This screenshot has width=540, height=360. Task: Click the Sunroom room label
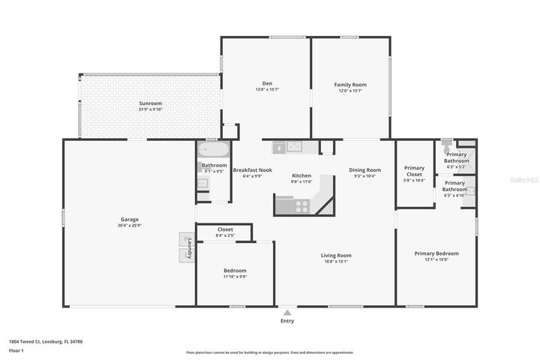tap(150, 103)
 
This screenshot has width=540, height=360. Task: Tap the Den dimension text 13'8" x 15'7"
tap(266, 90)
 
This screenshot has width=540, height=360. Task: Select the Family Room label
tap(349, 85)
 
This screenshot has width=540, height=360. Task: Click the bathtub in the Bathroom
tap(212, 149)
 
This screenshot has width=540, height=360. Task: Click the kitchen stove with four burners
tap(301, 203)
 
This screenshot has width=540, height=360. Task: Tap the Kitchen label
tap(301, 175)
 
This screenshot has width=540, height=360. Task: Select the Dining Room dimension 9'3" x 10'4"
tap(364, 175)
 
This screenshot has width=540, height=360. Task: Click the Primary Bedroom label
tap(436, 253)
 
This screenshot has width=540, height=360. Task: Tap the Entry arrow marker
tap(286, 311)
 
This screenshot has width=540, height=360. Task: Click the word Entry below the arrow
tap(286, 321)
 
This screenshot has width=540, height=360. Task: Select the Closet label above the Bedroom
tap(225, 229)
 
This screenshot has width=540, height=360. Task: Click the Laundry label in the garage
tap(190, 248)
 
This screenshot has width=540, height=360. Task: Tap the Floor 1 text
tap(16, 350)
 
